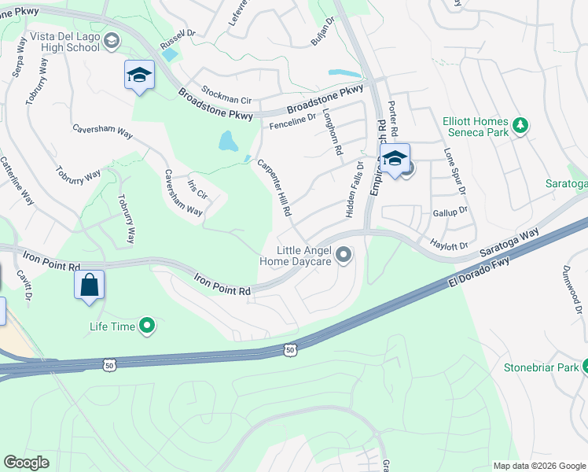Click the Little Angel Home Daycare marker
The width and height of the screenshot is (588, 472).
tap(344, 254)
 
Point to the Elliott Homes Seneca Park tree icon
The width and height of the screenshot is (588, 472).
tap(520, 125)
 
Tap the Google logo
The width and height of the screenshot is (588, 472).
tap(26, 463)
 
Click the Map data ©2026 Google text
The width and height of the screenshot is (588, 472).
tap(539, 466)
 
